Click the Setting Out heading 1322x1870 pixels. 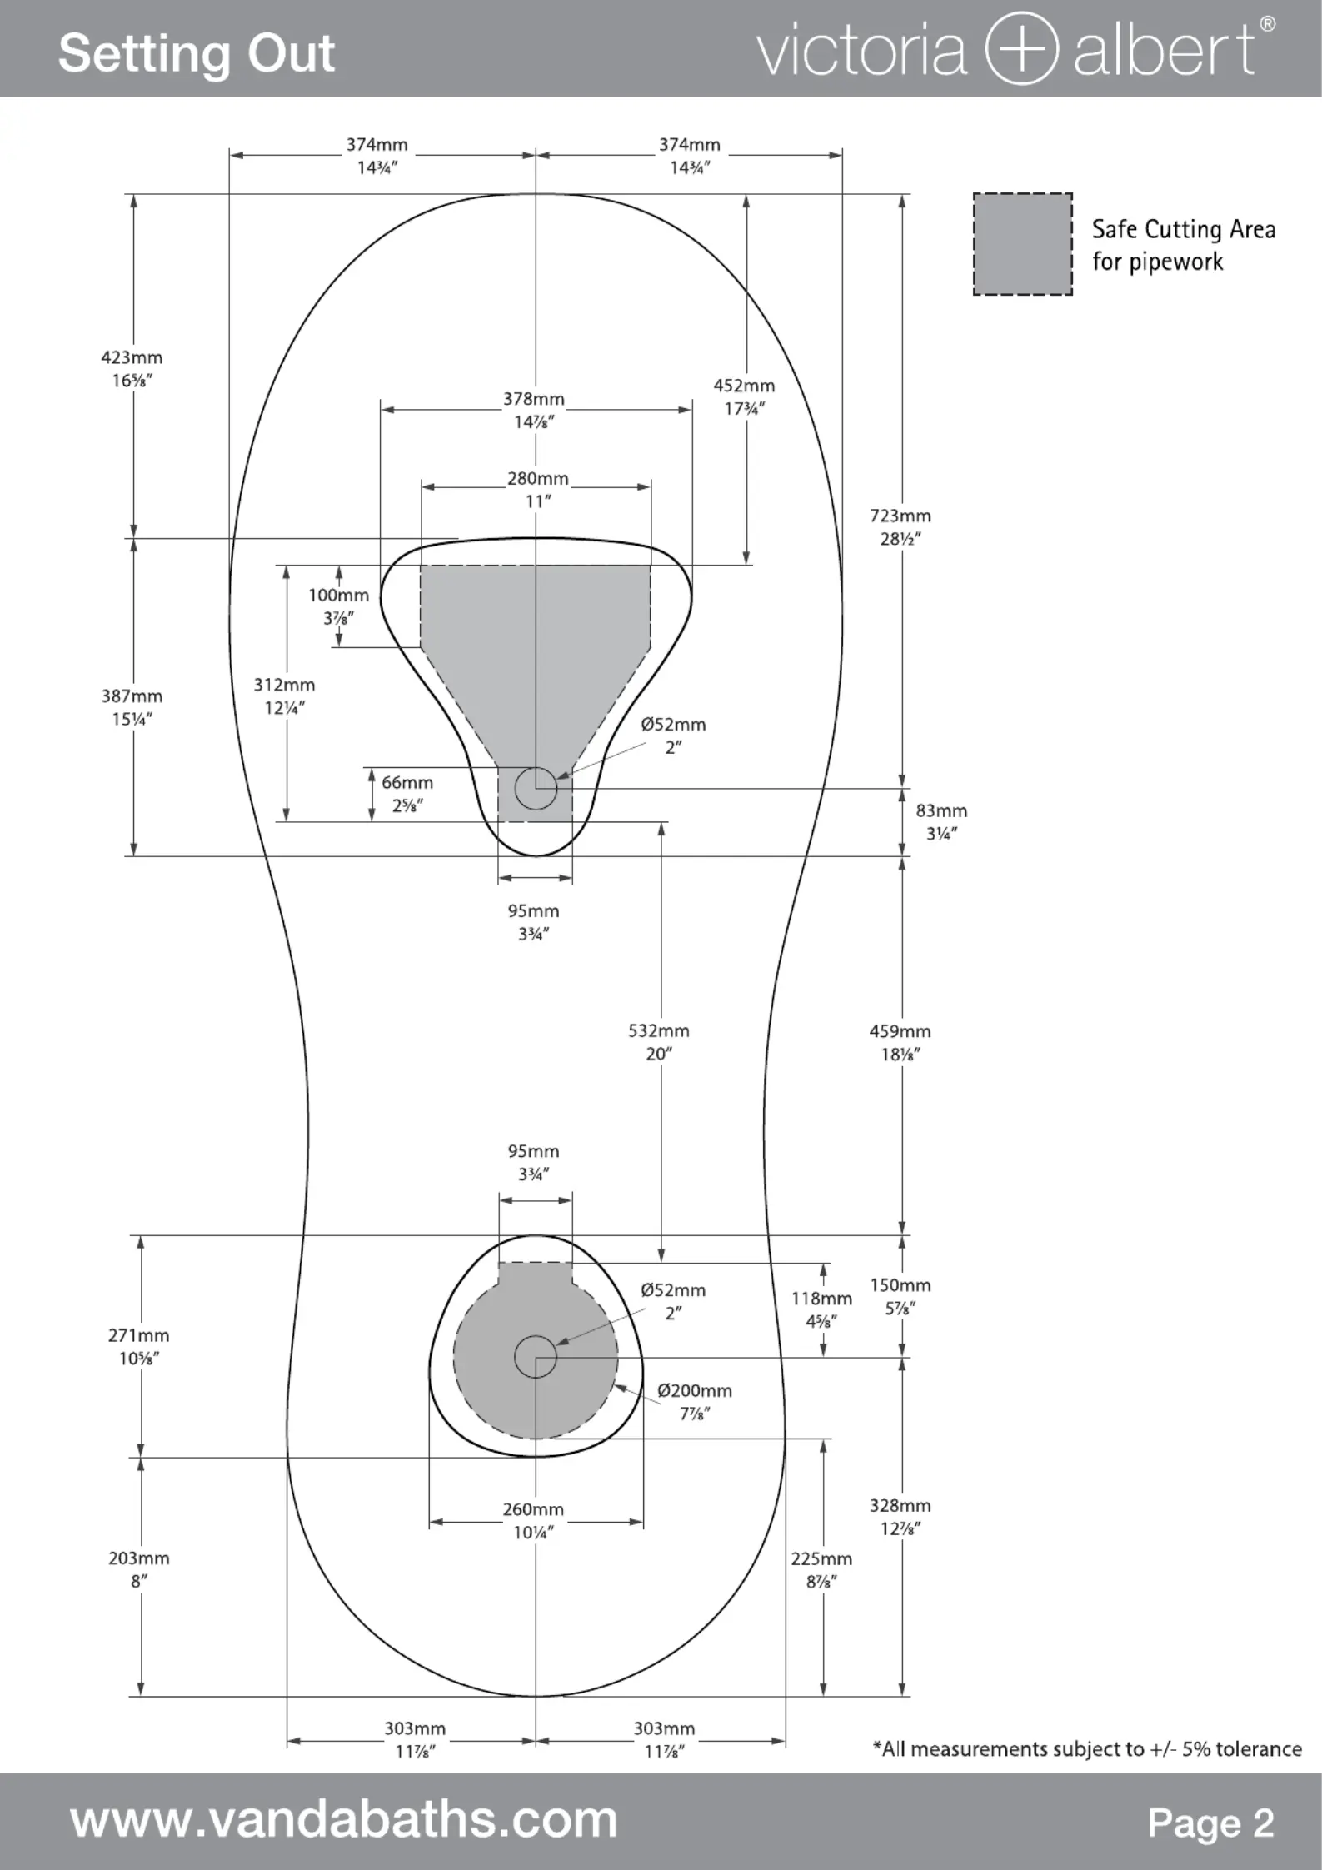point(197,53)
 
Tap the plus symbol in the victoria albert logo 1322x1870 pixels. point(1022,49)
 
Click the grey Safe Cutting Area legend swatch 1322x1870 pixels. point(1023,244)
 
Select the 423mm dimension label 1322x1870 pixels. point(132,368)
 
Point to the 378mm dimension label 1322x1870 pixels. point(534,410)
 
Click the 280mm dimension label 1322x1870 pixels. point(538,490)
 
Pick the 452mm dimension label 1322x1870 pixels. point(744,396)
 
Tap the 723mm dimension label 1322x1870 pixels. point(900,526)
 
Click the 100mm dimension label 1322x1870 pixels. point(338,606)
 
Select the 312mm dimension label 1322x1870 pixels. point(284,696)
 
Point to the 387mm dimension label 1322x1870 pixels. point(132,707)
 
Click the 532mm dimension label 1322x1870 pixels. point(659,1041)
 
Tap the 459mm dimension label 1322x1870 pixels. point(900,1042)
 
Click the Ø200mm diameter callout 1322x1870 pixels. point(695,1401)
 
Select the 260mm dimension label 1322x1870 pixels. point(533,1520)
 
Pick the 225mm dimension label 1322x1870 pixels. point(821,1569)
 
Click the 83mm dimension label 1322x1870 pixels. point(941,821)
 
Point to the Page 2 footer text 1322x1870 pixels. point(1210,1822)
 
